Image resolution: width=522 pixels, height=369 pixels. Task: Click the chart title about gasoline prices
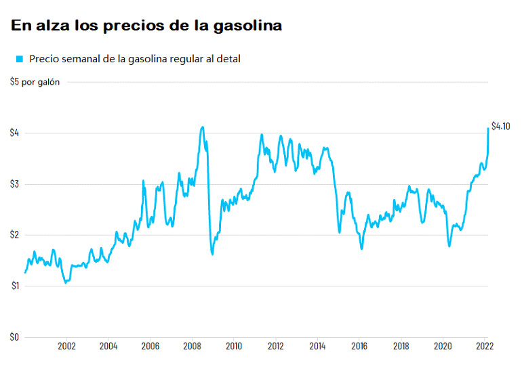click(x=146, y=26)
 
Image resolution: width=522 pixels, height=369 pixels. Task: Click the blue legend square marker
click(x=19, y=59)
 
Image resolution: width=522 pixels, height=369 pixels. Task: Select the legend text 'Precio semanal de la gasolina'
click(x=134, y=59)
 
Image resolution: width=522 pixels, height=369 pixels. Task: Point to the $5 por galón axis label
click(x=35, y=82)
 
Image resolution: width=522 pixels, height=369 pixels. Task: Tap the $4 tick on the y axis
click(x=14, y=133)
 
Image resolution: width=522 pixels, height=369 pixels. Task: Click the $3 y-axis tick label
click(x=14, y=184)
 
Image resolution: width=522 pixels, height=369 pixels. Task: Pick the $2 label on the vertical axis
click(x=14, y=235)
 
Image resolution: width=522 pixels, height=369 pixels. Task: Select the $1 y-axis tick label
click(x=14, y=286)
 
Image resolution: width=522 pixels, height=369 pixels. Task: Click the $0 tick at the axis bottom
click(x=14, y=337)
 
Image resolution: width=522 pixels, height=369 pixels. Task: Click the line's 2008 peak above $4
click(x=202, y=127)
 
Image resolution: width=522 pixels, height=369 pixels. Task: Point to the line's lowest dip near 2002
click(x=66, y=282)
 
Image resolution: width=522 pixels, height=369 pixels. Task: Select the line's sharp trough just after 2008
click(x=212, y=254)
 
